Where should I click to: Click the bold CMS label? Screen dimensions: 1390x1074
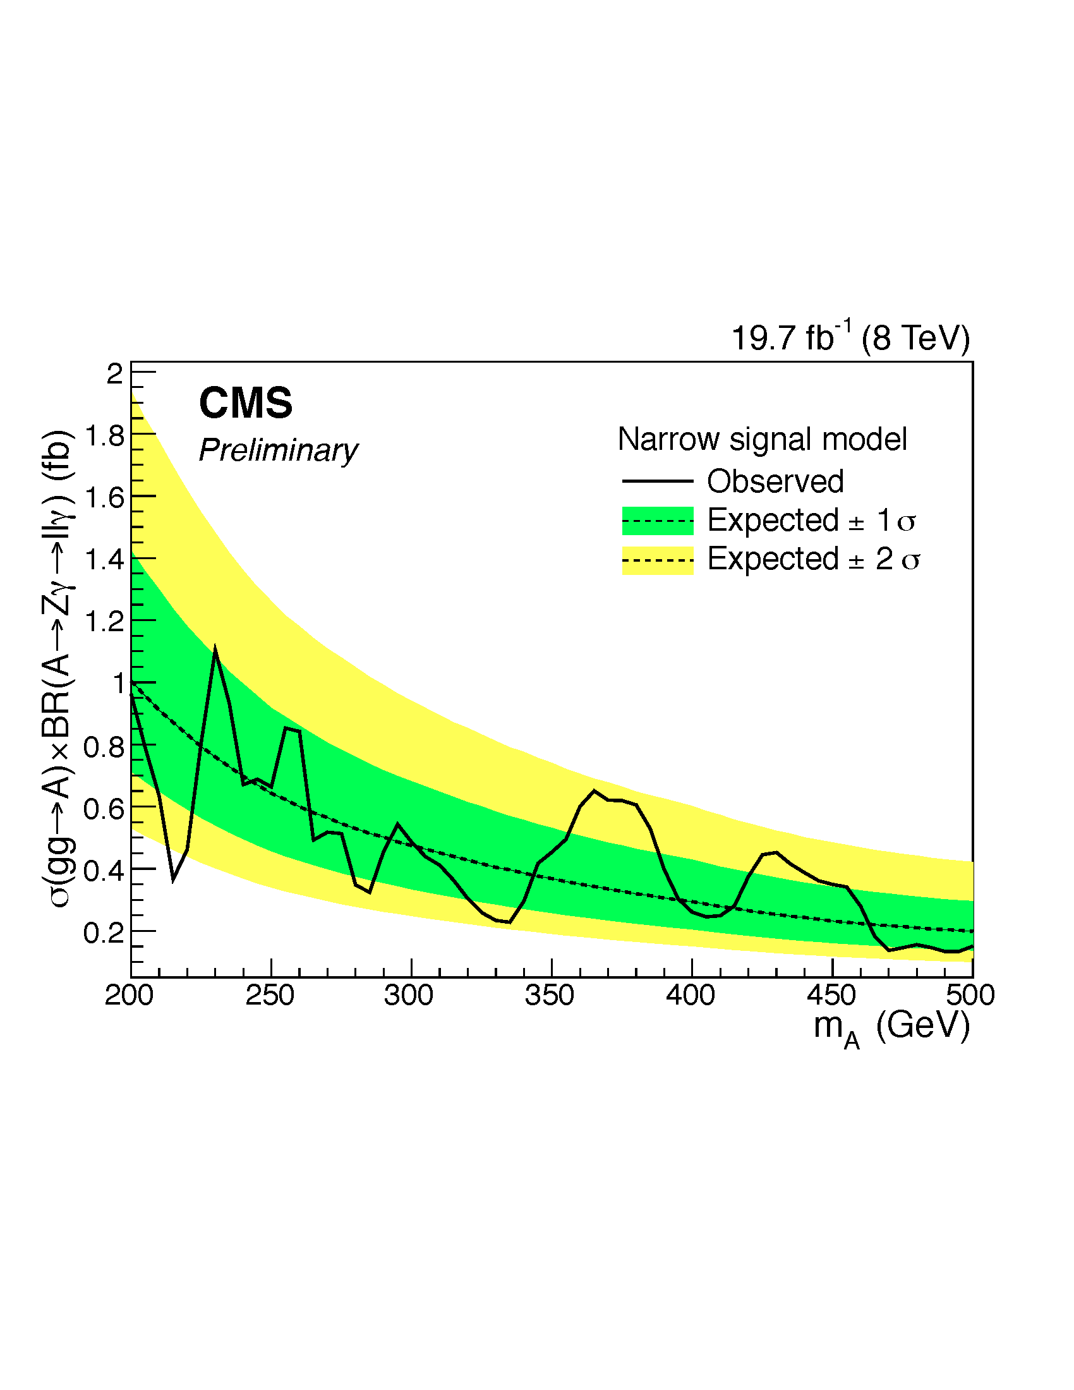pyautogui.click(x=246, y=404)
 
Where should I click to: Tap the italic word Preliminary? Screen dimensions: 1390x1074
pyautogui.click(x=278, y=451)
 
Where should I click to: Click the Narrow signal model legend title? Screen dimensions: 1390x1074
pyautogui.click(x=763, y=439)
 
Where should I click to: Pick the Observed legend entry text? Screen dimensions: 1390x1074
pyautogui.click(x=776, y=481)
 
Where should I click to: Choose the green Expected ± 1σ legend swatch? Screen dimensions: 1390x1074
pyautogui.click(x=657, y=521)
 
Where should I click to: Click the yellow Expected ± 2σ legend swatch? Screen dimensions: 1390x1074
pyautogui.click(x=657, y=560)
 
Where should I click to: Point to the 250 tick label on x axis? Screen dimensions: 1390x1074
pyautogui.click(x=270, y=995)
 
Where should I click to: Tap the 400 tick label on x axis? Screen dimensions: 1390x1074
pyautogui.click(x=691, y=995)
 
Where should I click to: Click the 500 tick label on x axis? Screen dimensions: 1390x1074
pyautogui.click(x=970, y=995)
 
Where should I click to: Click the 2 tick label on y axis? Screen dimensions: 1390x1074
pyautogui.click(x=114, y=374)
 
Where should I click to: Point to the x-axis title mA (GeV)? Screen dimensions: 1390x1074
pyautogui.click(x=891, y=1027)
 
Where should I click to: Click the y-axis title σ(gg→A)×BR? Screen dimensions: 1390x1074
pyautogui.click(x=59, y=668)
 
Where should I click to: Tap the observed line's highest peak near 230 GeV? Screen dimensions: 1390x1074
pyautogui.click(x=215, y=650)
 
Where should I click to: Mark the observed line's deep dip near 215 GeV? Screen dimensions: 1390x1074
pyautogui.click(x=174, y=879)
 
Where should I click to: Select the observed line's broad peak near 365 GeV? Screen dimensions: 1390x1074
pyautogui.click(x=594, y=791)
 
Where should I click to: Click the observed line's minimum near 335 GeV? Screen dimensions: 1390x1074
pyautogui.click(x=509, y=922)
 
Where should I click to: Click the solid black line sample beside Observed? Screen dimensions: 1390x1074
pyautogui.click(x=657, y=481)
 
